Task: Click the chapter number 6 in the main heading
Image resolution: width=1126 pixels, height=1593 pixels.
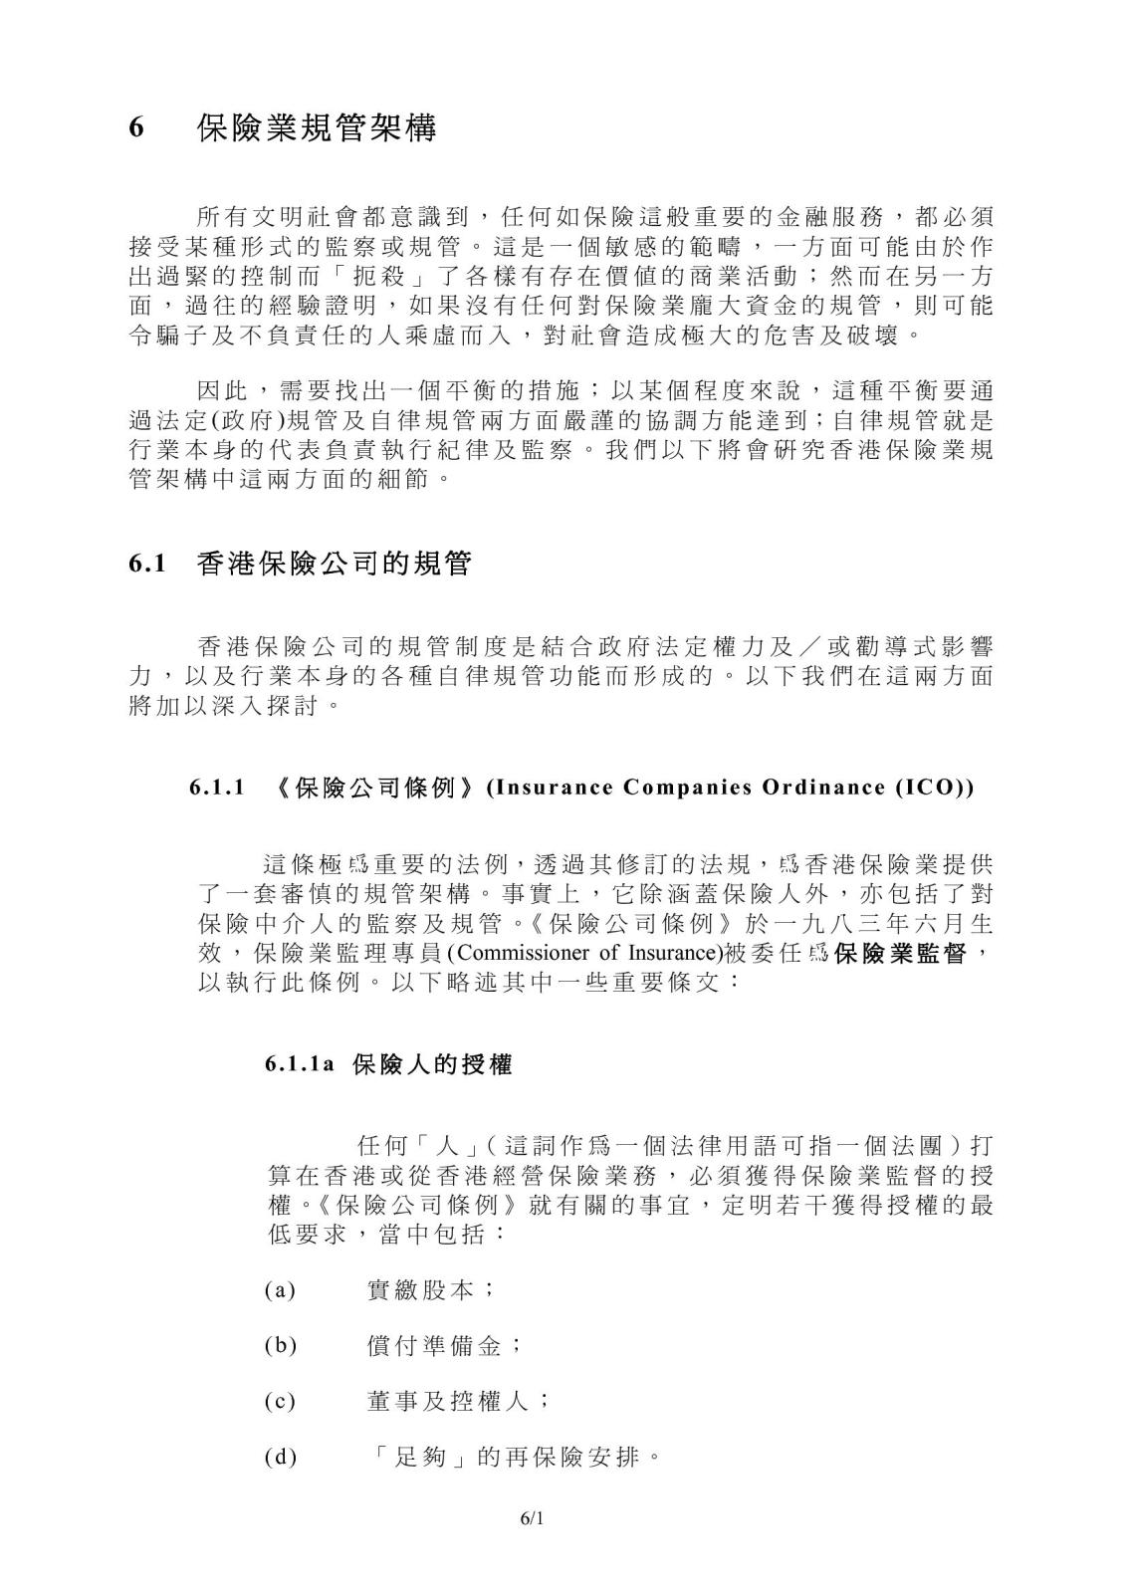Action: (138, 129)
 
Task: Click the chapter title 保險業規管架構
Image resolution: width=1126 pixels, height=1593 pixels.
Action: (317, 128)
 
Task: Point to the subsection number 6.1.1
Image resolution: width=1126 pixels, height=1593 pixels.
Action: (217, 788)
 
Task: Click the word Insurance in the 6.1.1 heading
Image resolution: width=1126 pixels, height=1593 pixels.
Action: (554, 788)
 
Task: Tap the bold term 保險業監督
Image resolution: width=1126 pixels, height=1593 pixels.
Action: (901, 953)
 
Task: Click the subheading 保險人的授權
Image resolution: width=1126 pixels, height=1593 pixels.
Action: (432, 1064)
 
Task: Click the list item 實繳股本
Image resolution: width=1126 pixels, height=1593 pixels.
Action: (420, 1291)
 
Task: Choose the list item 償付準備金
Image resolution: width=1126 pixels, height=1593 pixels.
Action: (434, 1346)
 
